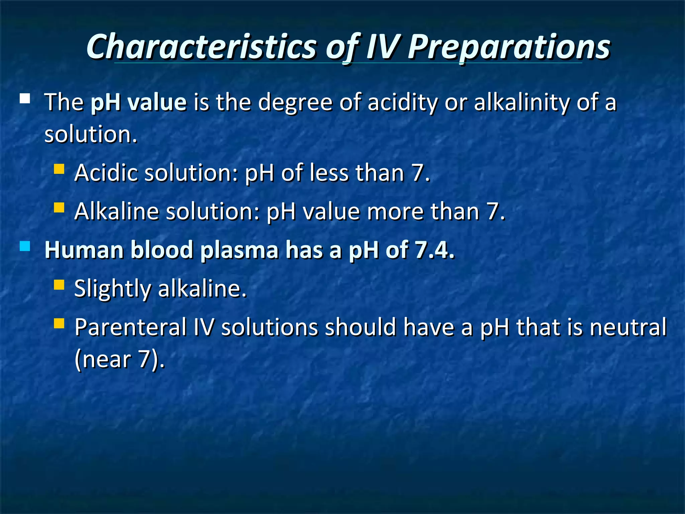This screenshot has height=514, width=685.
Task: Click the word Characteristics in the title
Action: tap(201, 47)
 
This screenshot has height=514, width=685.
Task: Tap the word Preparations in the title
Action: tap(509, 47)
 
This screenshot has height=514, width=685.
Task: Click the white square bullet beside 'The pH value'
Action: tap(25, 99)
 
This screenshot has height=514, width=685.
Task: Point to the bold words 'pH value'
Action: tap(138, 102)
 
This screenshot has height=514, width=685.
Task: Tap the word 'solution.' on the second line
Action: tap(91, 135)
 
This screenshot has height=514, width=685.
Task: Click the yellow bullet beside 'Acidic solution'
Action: tap(59, 169)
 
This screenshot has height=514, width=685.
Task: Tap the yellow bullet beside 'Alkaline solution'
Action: tap(59, 207)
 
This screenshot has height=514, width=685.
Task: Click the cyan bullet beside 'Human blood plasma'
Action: tap(25, 247)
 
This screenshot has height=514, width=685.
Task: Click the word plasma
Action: tap(239, 250)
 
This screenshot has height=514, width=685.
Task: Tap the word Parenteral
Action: tap(130, 327)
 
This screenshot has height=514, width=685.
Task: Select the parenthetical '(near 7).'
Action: tap(120, 359)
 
